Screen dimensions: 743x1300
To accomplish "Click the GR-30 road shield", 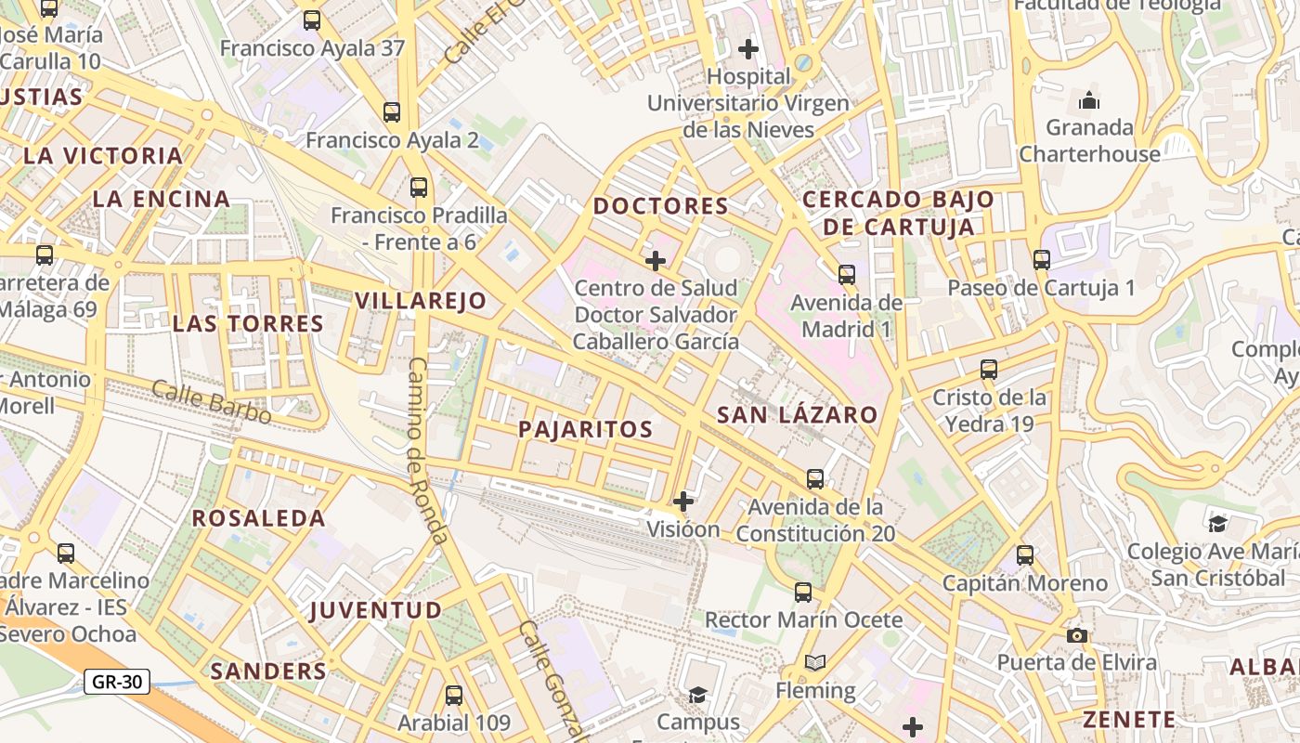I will pos(117,682).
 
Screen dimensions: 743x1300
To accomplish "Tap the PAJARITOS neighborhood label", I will pos(585,429).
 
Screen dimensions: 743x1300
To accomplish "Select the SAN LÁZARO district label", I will pos(797,415).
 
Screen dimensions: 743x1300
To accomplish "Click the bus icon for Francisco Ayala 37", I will pos(312,20).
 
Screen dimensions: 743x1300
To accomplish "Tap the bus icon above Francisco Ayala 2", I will pos(392,112).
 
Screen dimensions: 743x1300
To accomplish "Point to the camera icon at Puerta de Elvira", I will pos(1076,635).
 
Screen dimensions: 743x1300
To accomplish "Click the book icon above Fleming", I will pos(814,663).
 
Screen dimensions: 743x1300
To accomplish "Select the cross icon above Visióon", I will pos(683,502).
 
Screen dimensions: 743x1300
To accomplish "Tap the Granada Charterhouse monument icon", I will pos(1089,100).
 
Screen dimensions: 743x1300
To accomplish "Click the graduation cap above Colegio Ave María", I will pos(1217,524).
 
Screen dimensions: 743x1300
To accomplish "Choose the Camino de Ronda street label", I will pos(428,450).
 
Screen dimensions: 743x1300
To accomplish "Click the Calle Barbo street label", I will pos(212,402).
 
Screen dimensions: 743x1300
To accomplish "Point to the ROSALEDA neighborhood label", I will pos(259,518).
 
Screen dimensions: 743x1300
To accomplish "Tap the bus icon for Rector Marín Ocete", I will pos(803,592).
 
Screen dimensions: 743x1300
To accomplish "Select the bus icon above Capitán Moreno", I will pos(1025,555).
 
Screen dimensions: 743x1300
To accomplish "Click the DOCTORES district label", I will pos(660,206).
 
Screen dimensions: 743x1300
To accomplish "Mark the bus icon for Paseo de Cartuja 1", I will pos(1041,260).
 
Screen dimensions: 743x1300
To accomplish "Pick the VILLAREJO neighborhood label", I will pos(421,300).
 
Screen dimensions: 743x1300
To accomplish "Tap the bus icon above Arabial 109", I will pos(454,695).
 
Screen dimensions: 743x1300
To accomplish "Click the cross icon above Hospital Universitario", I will pos(747,48).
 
